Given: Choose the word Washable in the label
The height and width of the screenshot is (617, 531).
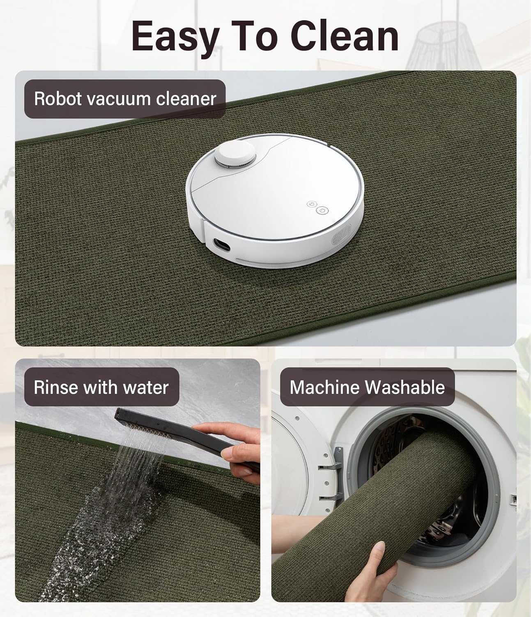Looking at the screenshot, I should pyautogui.click(x=405, y=387).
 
